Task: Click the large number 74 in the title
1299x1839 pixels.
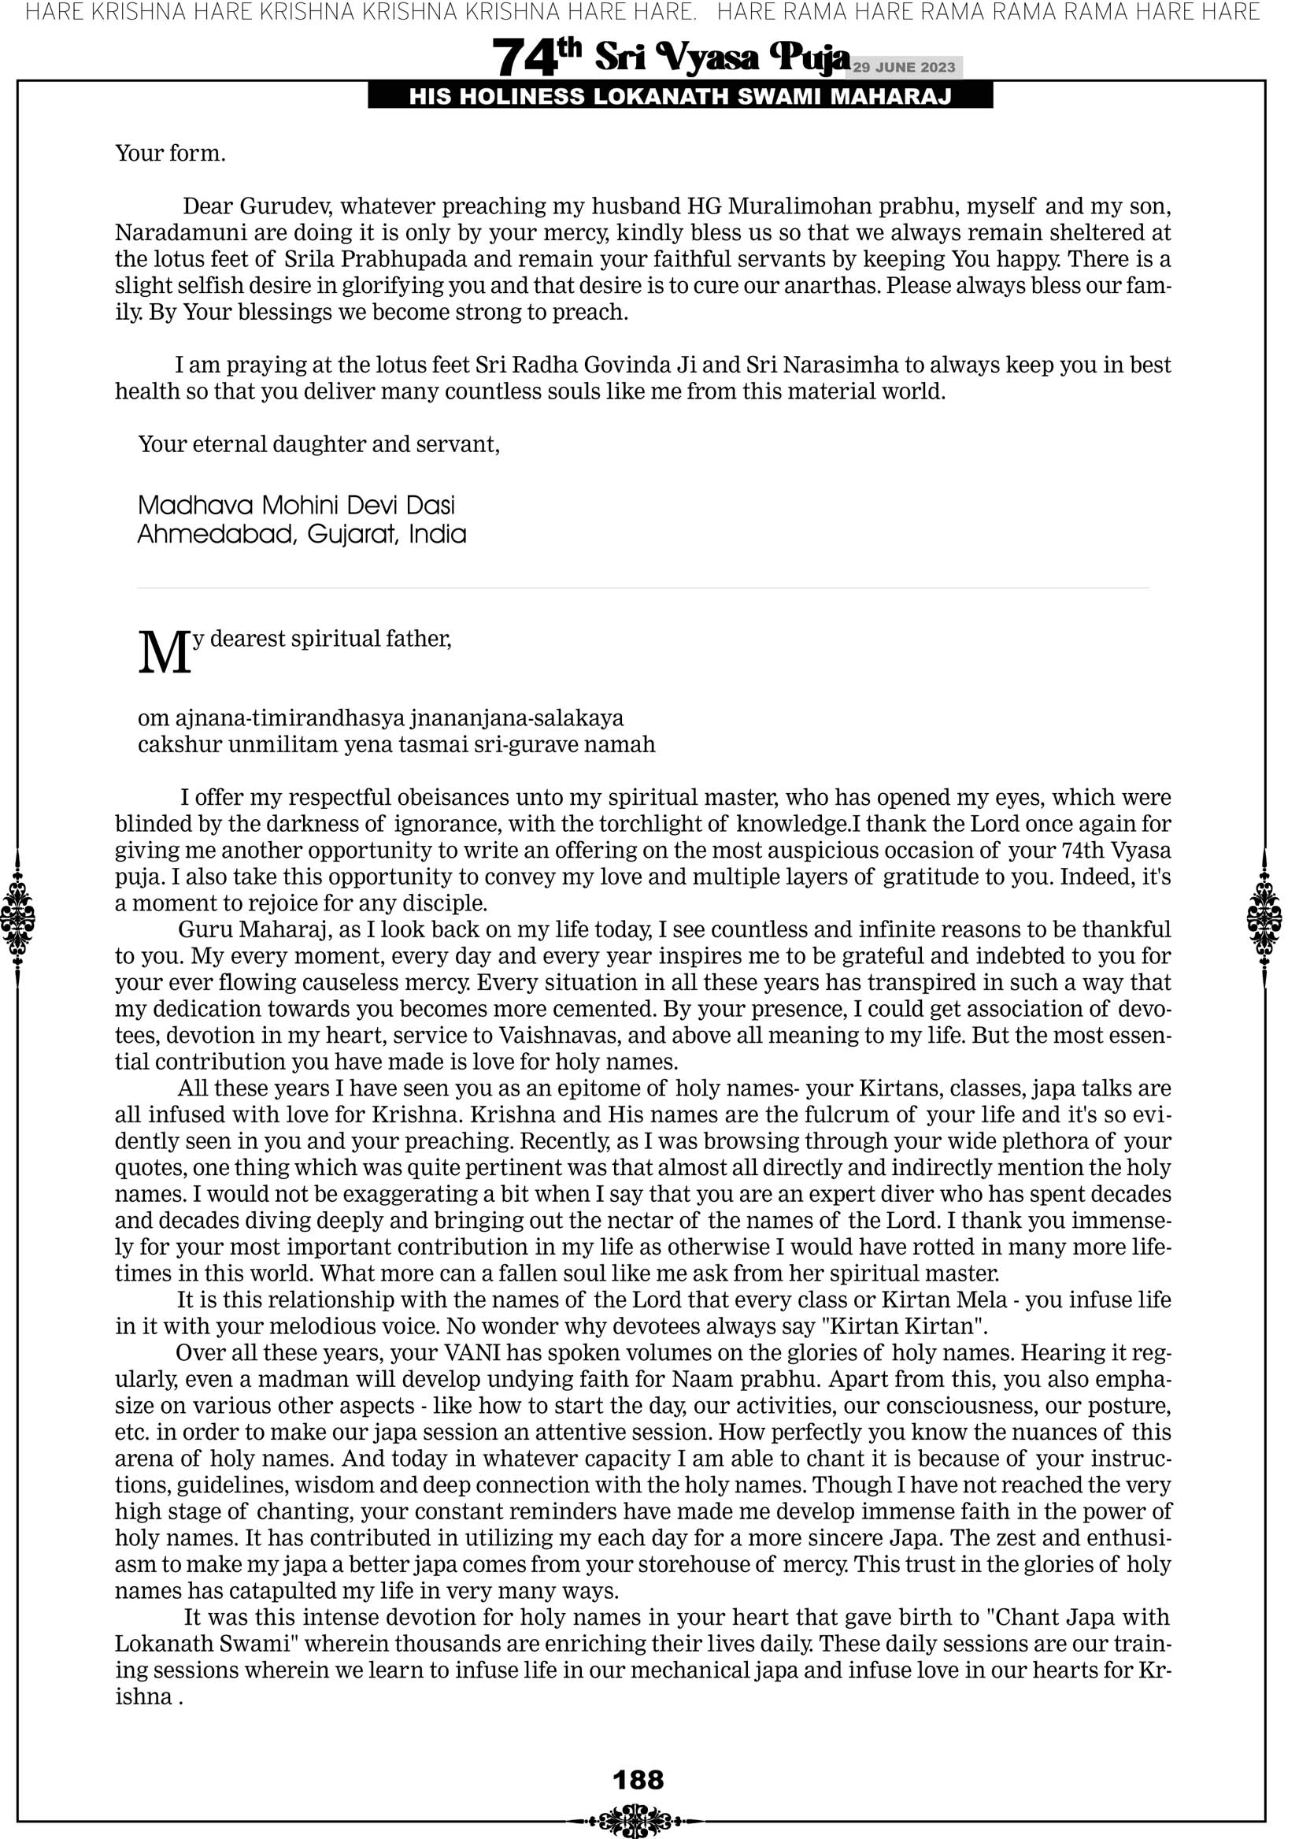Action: coord(524,58)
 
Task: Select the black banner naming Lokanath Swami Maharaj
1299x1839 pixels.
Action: coord(680,97)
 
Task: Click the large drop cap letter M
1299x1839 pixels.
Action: coord(165,653)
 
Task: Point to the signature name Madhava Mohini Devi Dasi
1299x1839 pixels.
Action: coord(296,506)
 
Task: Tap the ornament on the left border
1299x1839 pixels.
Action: coord(17,918)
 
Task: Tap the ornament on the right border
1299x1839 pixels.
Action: coord(1264,918)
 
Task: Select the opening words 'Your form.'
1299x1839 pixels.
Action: coord(170,153)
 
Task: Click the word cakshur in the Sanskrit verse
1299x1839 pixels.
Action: coord(180,745)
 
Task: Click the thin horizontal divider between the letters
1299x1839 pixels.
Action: coord(643,588)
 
